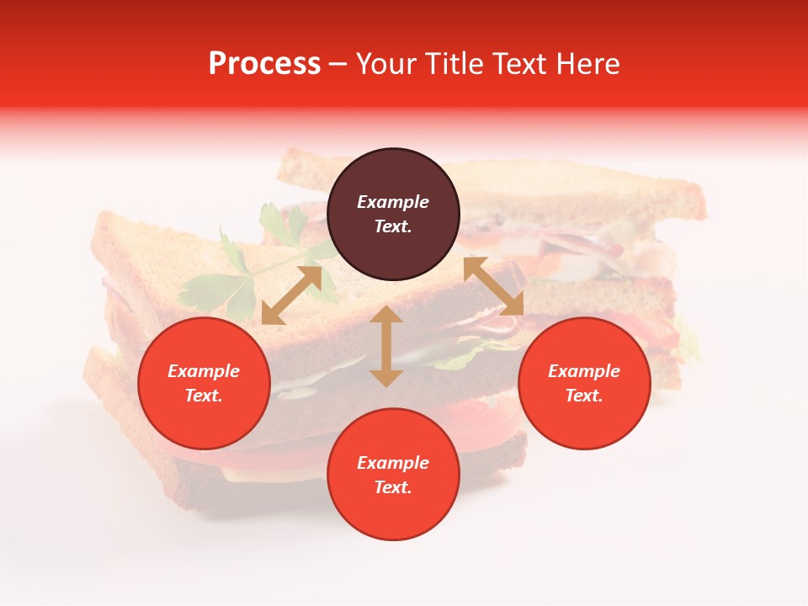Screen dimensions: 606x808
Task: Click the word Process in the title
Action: (x=264, y=64)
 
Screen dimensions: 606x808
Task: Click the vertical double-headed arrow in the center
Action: (x=386, y=347)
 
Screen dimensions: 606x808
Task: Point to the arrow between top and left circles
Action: (x=291, y=295)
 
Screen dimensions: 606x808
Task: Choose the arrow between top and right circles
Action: (x=493, y=286)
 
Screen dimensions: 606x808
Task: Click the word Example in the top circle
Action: (x=393, y=202)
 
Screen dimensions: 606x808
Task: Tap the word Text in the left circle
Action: (x=204, y=396)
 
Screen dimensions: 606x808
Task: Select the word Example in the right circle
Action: (x=584, y=371)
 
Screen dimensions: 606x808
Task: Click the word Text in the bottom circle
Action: (x=393, y=487)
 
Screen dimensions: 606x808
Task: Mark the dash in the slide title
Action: (x=338, y=64)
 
